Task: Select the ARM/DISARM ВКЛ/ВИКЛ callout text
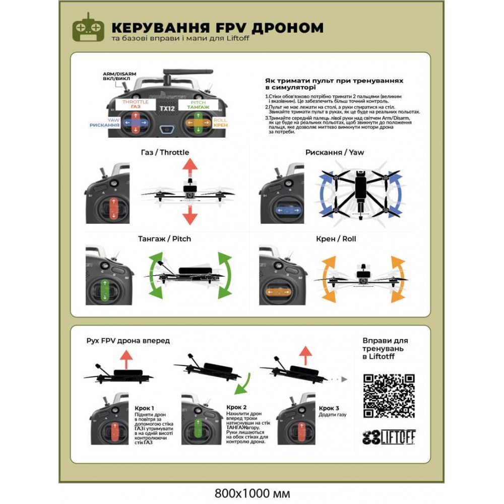114,76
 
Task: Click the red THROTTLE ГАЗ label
136,104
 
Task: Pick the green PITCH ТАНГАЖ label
198,104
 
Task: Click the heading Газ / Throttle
165,152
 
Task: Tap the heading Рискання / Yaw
335,152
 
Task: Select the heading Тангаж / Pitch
165,238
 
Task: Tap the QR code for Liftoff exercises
389,396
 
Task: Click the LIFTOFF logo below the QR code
389,437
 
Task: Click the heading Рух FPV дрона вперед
128,341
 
